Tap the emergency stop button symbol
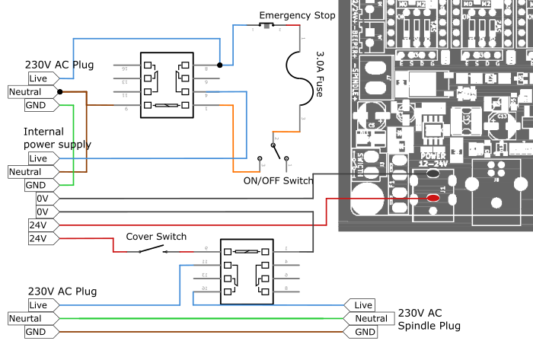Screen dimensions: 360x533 click(266, 26)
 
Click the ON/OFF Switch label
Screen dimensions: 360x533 click(277, 181)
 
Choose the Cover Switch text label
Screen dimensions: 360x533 click(156, 236)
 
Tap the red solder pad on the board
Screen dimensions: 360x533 click(434, 198)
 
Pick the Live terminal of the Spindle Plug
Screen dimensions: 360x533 click(362, 304)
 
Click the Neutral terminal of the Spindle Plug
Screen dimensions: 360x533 click(369, 318)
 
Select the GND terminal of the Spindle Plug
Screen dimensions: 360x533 click(362, 332)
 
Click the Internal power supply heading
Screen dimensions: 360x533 click(57, 138)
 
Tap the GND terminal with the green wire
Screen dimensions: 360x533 click(36, 104)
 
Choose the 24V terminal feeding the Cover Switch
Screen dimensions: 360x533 click(38, 238)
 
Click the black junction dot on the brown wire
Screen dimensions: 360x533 click(60, 91)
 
